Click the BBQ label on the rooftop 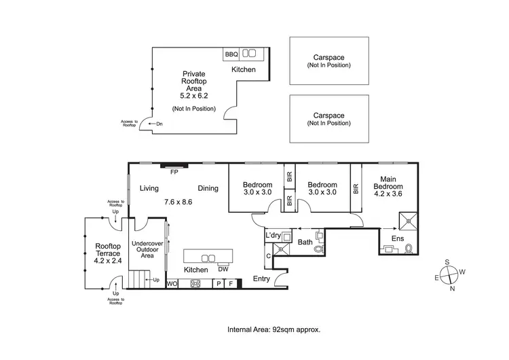(230, 53)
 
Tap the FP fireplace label (174, 172)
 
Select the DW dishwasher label (223, 268)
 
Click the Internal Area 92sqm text (274, 329)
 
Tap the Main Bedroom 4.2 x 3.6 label (388, 188)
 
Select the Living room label (149, 188)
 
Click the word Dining (208, 188)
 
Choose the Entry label (262, 278)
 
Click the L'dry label (273, 235)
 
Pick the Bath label (305, 241)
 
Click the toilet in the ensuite (409, 249)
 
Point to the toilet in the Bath (319, 249)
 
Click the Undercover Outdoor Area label (147, 250)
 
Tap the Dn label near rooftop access (159, 124)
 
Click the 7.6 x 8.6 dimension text (178, 202)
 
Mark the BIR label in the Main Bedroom (356, 189)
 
